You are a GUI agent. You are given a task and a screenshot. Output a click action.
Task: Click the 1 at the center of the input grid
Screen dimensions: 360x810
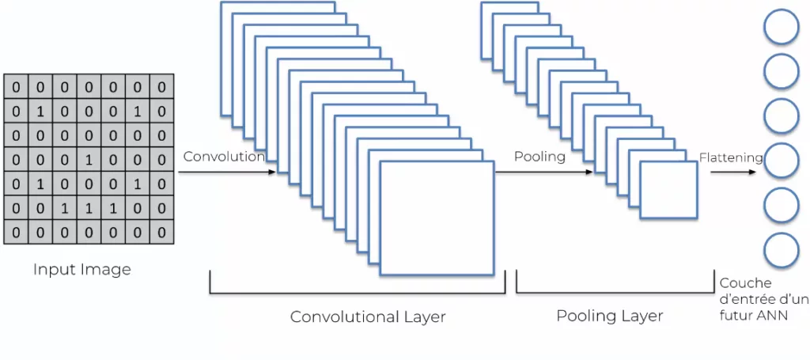coord(89,160)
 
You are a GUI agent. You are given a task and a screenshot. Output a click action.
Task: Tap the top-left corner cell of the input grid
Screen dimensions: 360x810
coord(15,87)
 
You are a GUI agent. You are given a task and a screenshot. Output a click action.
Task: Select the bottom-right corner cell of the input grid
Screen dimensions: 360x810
coord(162,233)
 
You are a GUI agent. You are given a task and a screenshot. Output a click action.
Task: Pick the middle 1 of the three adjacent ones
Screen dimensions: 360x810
coord(89,209)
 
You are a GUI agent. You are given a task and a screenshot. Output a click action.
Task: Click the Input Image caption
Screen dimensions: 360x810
coord(81,270)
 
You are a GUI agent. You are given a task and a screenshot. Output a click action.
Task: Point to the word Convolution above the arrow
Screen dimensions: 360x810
coord(224,157)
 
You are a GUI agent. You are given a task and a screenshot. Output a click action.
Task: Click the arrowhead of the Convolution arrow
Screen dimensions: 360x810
coord(274,171)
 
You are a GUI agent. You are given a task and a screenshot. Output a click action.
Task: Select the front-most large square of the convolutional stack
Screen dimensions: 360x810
coord(437,218)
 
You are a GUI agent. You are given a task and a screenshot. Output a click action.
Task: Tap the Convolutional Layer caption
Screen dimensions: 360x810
coord(368,317)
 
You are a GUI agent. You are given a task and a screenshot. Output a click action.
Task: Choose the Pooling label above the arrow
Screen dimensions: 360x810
coord(539,157)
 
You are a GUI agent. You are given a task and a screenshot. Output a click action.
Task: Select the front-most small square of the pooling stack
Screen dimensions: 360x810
coord(668,190)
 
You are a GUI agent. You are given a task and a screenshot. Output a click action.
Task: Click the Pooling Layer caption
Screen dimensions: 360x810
coord(610,316)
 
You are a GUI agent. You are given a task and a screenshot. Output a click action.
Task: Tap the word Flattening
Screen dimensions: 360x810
coord(730,157)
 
